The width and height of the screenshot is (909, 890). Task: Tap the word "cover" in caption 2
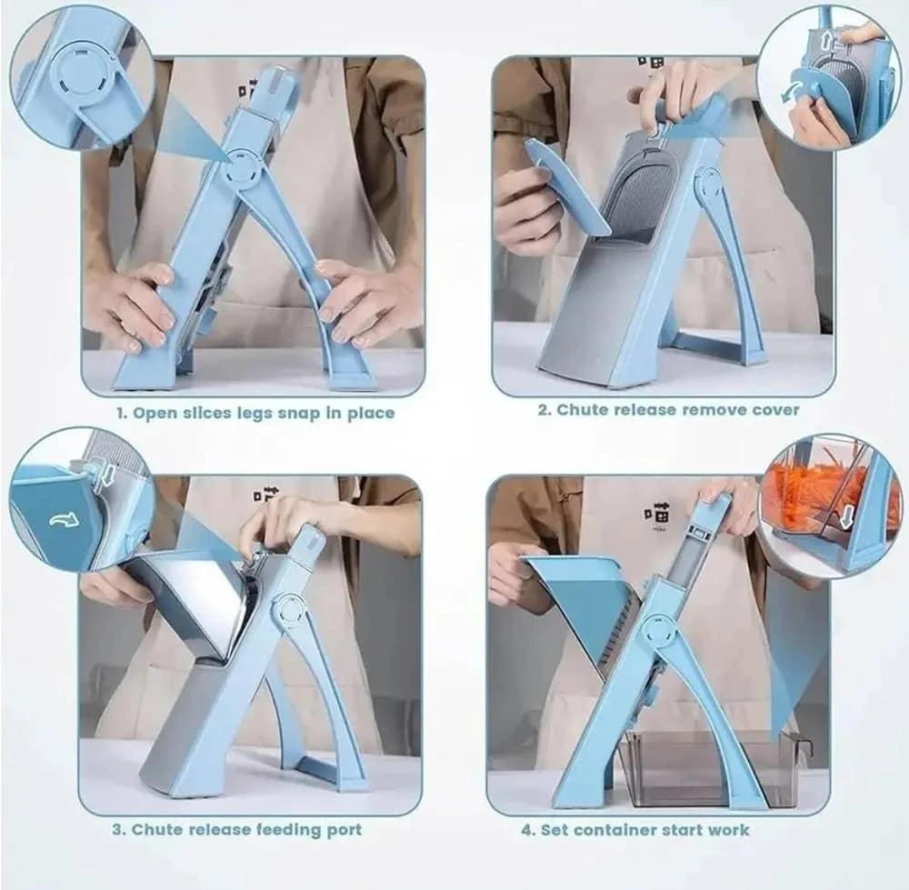[x=775, y=410]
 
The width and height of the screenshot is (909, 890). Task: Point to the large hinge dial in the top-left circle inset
[x=80, y=73]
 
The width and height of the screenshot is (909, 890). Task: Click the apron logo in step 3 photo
[x=265, y=493]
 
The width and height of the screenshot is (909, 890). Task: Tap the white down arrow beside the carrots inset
[x=847, y=516]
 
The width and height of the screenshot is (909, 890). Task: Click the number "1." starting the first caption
[x=121, y=414]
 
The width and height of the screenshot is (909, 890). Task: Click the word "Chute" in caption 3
[x=155, y=829]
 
